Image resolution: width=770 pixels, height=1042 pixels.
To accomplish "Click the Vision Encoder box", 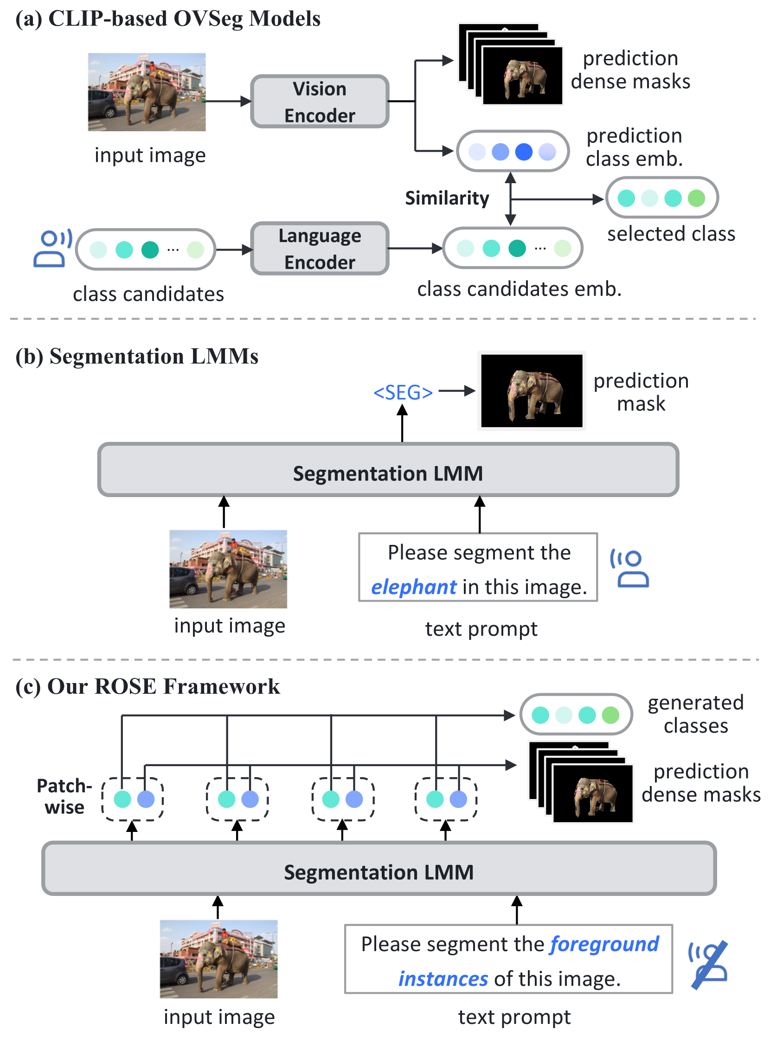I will coord(320,102).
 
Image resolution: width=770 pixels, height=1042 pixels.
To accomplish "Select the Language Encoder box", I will coord(320,249).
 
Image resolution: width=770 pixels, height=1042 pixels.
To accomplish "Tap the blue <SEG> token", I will coord(403,392).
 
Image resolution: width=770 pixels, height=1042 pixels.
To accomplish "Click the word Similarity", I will coord(447,198).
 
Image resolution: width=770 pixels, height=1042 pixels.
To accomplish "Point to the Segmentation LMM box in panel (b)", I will coord(388,470).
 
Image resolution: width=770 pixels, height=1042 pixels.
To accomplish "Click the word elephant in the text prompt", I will coord(413,587).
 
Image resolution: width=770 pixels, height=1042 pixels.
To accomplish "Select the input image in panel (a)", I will coord(147,92).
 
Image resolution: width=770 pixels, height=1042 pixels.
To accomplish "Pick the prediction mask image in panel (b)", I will coord(532,390).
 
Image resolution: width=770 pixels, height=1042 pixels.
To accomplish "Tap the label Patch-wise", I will coord(64,796).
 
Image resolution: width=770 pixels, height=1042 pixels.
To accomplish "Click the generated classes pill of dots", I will coord(576,715).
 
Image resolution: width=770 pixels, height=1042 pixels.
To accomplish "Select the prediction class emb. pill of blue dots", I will coord(512,152).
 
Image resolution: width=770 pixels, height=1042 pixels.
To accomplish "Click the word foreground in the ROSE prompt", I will coord(604,944).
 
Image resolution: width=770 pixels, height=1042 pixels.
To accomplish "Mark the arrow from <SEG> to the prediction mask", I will coord(456,391).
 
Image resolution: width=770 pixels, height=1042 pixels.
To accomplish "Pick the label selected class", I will coord(671,233).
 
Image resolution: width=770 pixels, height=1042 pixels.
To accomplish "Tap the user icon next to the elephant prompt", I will coord(630,569).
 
